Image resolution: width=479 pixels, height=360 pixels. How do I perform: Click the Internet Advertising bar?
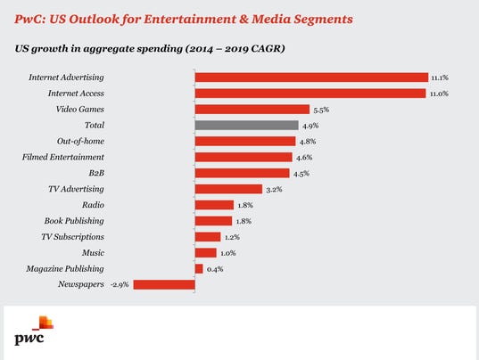[x=311, y=78]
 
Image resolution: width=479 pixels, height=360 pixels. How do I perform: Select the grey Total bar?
[x=247, y=126]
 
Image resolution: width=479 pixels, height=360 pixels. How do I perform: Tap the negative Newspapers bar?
[x=164, y=284]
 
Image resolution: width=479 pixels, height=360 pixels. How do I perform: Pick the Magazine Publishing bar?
[x=199, y=269]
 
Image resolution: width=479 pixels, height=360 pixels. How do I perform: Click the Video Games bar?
[x=252, y=110]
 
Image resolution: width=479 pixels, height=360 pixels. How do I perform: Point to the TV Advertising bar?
[x=228, y=189]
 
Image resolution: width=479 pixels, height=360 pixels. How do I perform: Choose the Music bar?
[x=205, y=253]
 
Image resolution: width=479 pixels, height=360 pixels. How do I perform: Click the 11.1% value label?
[x=440, y=78]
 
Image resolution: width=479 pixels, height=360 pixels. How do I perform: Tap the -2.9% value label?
[x=120, y=285]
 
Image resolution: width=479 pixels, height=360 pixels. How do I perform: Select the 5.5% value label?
[x=321, y=110]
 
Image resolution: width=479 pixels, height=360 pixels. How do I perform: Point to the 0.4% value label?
[x=215, y=269]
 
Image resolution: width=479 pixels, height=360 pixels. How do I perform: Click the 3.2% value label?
[x=274, y=190]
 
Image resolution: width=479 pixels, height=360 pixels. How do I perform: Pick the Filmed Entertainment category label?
[x=63, y=157]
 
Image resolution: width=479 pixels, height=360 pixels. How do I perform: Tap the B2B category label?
[x=96, y=173]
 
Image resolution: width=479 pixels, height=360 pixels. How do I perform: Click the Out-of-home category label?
[x=80, y=142]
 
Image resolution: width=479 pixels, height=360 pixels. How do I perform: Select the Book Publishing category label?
[x=74, y=221]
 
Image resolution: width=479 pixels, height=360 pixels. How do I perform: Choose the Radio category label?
[x=93, y=205]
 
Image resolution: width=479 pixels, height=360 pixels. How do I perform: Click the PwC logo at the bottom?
[x=34, y=331]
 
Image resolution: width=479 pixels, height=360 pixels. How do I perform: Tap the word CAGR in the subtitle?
[x=267, y=48]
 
